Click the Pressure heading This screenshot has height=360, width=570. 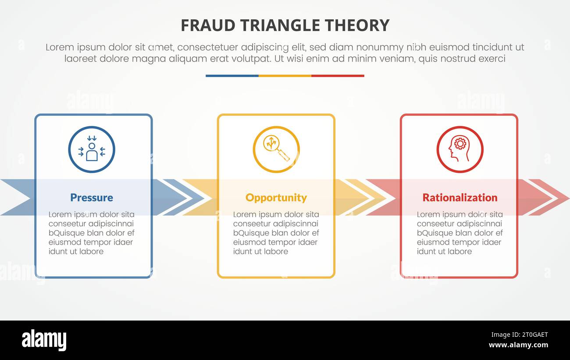[x=92, y=197]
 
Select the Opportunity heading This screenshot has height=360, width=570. [x=276, y=197]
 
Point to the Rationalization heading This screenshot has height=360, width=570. [x=460, y=197]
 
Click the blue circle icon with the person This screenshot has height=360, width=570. [x=92, y=150]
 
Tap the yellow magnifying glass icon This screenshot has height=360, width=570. [x=276, y=150]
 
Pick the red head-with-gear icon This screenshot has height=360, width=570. [x=460, y=150]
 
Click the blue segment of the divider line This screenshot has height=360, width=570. [x=232, y=76]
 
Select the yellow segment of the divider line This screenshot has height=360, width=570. [x=285, y=76]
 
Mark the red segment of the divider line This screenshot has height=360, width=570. [x=338, y=76]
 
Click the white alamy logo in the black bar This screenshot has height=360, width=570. [x=44, y=340]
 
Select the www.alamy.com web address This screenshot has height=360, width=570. [x=518, y=345]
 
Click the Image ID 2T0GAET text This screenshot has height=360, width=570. [x=518, y=335]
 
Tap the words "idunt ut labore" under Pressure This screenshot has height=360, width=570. [x=76, y=251]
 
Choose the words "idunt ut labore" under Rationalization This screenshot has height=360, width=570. [x=444, y=251]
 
